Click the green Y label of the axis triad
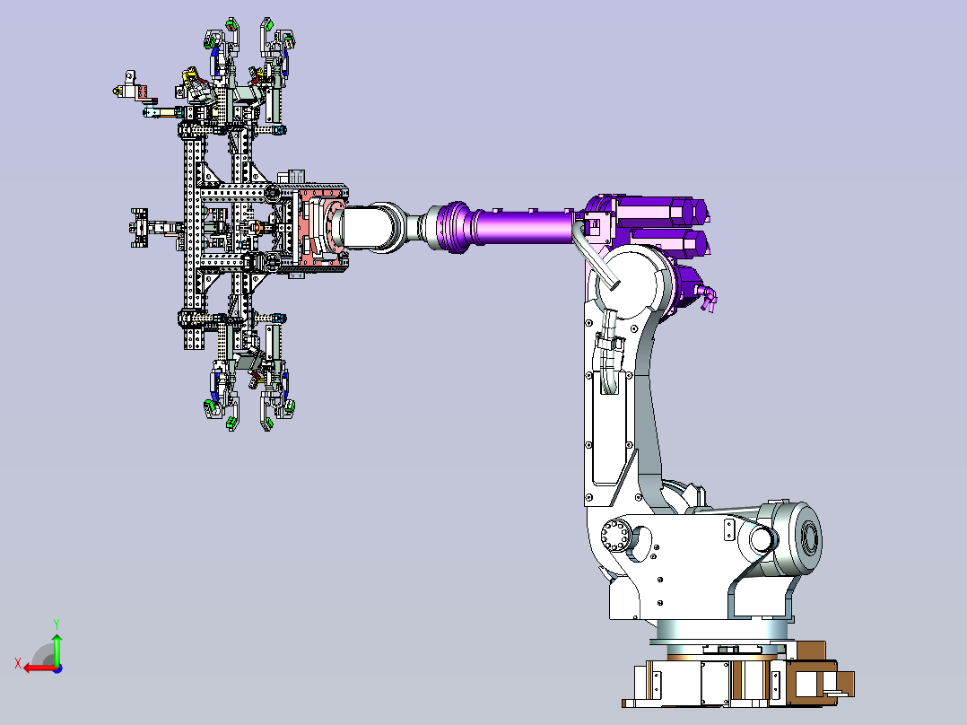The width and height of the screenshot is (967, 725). [57, 624]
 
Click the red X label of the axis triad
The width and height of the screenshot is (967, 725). [18, 663]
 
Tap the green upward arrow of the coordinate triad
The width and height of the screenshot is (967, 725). [57, 648]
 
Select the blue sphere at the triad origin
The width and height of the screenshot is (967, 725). [57, 668]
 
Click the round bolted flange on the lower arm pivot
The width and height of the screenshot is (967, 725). [615, 535]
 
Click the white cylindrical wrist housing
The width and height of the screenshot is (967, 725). [368, 228]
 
